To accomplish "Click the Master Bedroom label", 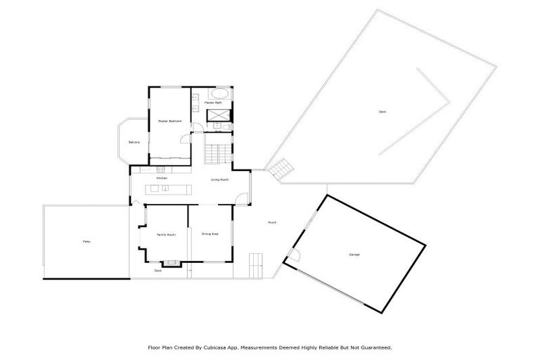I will coord(170,121).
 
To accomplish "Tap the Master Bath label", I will coord(213,103).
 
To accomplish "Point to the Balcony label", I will coord(134,143).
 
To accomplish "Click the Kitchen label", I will coord(162,179).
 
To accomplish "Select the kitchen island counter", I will coord(167,188).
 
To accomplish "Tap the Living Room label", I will coord(220,179).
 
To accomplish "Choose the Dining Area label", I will coord(210,233).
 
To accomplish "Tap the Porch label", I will coord(272,223).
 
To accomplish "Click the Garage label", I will coord(354,254).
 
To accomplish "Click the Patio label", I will coord(86,242).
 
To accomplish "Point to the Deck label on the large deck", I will coord(382,112).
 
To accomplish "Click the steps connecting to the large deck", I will coord(282,168).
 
